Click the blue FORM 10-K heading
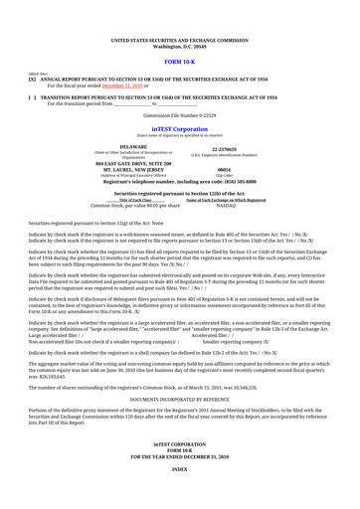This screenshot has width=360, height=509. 179,60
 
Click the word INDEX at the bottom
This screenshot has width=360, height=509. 179,494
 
